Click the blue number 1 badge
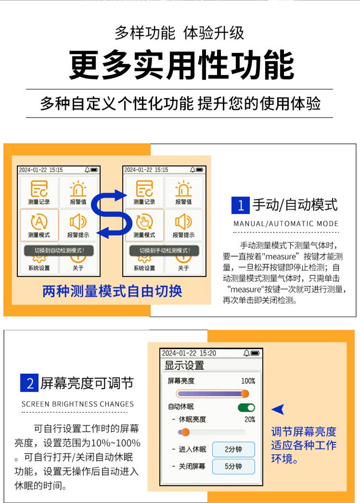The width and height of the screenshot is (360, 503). (x=241, y=205)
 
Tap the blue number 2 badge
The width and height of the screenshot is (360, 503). (x=30, y=383)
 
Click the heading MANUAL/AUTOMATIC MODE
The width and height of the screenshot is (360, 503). (x=286, y=224)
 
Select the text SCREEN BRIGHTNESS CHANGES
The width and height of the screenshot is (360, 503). (x=78, y=404)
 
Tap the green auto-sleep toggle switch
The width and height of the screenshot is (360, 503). (x=247, y=407)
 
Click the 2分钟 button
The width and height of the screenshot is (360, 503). (x=233, y=449)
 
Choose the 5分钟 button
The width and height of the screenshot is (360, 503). (x=233, y=467)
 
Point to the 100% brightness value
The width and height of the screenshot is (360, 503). (x=248, y=381)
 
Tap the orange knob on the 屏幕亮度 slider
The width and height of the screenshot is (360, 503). (x=245, y=394)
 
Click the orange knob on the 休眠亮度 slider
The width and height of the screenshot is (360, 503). (x=185, y=432)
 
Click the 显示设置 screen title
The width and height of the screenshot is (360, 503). (x=184, y=365)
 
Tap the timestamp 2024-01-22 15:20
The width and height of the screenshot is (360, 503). (x=189, y=353)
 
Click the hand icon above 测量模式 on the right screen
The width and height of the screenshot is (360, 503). (x=144, y=222)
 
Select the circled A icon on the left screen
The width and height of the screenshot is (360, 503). (x=39, y=222)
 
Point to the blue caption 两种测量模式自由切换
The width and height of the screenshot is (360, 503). (x=112, y=291)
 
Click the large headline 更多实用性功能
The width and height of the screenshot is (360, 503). (x=181, y=65)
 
